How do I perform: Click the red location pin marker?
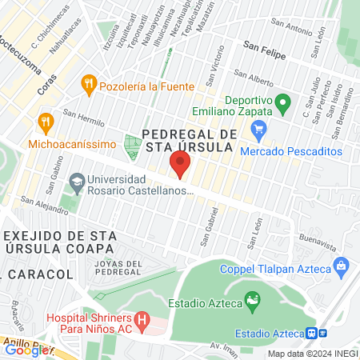[x=179, y=166]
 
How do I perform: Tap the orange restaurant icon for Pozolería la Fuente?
[x=89, y=84]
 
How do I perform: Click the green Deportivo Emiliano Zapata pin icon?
[x=282, y=102]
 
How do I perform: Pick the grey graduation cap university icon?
[x=76, y=182]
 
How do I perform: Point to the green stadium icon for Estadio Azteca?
[x=253, y=302]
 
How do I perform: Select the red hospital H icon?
[x=142, y=322]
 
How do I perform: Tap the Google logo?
[x=26, y=350]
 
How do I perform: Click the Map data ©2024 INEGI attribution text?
[x=312, y=354]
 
